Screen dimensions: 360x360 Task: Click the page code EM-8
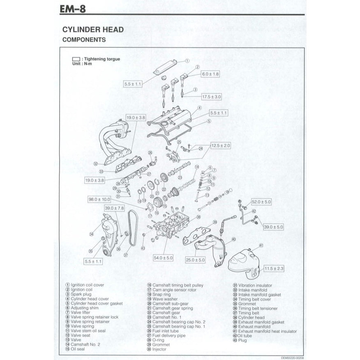[73, 9]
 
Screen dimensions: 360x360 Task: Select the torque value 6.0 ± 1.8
[210, 74]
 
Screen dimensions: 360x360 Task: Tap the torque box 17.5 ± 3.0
[212, 97]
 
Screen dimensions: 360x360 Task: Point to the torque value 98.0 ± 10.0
[99, 199]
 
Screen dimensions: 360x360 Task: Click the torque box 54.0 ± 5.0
[163, 258]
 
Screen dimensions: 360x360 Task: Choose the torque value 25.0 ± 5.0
[195, 260]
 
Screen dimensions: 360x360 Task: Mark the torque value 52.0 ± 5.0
[261, 202]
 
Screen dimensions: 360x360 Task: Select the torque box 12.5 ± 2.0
[221, 145]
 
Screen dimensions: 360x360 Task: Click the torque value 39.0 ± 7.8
[114, 208]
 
